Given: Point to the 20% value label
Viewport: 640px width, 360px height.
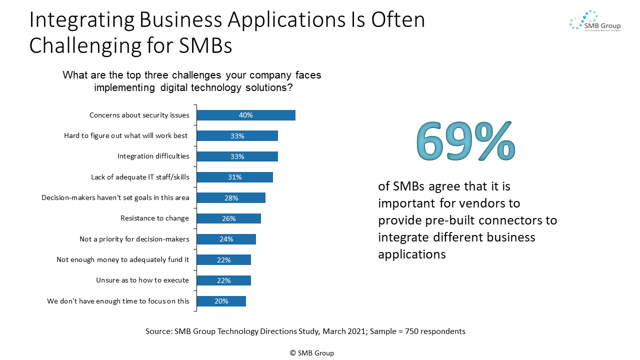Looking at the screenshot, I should point(221,301).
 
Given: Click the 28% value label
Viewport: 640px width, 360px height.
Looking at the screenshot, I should point(231,198).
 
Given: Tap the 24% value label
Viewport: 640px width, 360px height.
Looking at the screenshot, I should point(226,239).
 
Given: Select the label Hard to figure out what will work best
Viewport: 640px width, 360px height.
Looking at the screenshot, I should point(126,135).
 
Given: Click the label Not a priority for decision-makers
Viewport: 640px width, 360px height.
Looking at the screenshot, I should point(134,239).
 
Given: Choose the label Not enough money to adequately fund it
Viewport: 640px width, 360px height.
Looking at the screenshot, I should point(123,259).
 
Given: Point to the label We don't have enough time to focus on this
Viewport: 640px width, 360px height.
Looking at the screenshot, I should point(118,301).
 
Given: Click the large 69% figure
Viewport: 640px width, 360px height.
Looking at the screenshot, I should point(465,141).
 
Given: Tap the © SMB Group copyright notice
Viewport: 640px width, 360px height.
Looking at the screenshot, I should point(312,353).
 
